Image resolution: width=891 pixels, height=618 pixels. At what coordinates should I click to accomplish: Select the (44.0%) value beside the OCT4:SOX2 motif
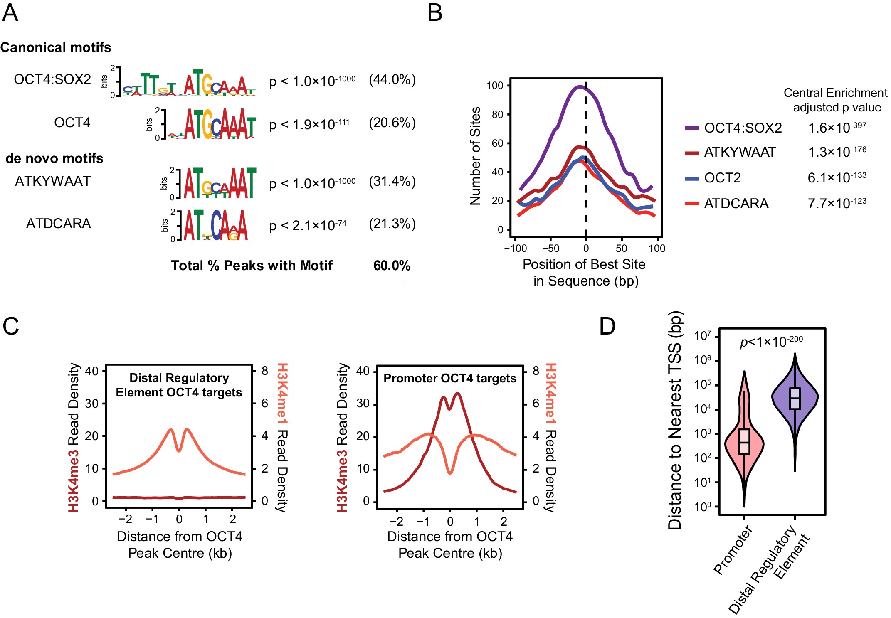point(392,79)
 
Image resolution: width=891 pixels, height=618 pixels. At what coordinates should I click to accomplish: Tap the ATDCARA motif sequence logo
point(215,225)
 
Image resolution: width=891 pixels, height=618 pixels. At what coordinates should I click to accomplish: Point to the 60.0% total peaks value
point(392,266)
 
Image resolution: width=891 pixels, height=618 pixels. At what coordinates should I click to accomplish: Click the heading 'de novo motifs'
point(54,158)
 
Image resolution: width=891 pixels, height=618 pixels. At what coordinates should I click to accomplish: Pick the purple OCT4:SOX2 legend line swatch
point(692,128)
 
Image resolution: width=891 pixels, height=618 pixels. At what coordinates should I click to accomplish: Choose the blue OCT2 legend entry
point(722,178)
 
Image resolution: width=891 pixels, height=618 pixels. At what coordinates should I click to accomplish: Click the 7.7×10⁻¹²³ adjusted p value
point(837,203)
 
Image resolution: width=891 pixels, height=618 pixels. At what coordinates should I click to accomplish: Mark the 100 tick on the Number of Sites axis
point(495,86)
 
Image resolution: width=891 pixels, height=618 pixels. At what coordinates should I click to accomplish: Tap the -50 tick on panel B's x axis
point(550,249)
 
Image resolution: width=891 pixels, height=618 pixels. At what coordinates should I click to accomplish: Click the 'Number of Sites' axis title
point(475,156)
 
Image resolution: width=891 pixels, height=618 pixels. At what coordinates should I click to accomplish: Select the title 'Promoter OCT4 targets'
point(449,378)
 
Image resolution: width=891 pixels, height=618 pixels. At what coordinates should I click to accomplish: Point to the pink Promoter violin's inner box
point(744,441)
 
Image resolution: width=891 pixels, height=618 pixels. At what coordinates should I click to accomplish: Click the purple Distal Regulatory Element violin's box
point(795,399)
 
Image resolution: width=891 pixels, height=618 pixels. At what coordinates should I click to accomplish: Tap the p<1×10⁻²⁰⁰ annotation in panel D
point(771,342)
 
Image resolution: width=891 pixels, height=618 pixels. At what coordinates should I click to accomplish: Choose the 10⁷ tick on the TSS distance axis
point(703,336)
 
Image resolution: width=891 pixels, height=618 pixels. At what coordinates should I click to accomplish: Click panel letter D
point(607,326)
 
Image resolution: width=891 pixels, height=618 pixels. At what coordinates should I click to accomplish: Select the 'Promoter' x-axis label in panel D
point(733,550)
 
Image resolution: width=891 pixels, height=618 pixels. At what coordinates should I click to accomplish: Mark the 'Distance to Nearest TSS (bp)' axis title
point(675,420)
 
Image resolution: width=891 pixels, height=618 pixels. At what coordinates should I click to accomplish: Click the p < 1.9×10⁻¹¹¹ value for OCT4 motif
point(309,124)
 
